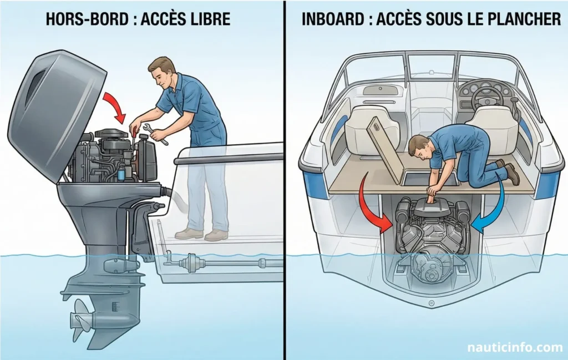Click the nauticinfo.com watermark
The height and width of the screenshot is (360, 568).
[514, 348]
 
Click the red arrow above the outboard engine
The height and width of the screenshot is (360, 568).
[118, 106]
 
